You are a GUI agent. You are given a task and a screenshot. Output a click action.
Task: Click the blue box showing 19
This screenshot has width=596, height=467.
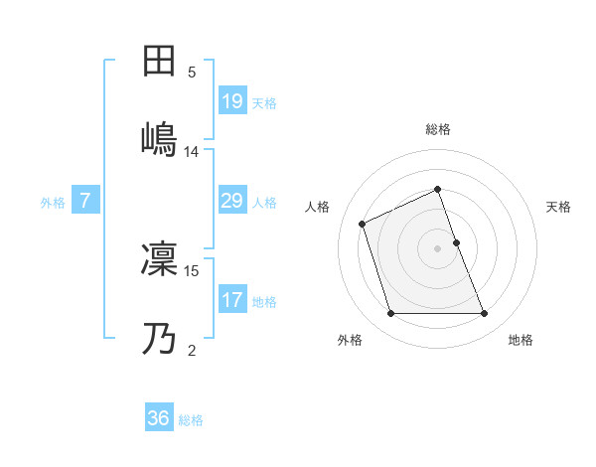point(231,101)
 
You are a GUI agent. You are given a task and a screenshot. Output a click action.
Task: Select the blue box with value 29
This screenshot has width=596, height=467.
point(231,202)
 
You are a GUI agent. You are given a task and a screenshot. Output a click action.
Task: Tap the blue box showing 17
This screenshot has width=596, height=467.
point(231,300)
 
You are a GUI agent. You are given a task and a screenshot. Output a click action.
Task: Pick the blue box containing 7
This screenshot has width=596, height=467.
point(85,201)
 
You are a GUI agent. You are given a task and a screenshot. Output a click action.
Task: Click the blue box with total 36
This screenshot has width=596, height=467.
point(159,418)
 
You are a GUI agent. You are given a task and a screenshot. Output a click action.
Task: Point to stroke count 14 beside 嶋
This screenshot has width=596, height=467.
point(192,152)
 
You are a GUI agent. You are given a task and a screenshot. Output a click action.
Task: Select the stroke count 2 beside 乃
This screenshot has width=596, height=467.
point(192,351)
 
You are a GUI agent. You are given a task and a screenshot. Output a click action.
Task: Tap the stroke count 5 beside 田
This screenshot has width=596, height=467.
point(192,73)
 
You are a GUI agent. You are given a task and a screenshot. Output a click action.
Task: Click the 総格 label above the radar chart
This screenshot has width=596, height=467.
point(438,129)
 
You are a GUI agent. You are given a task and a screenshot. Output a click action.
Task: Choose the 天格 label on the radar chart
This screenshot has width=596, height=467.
point(558,207)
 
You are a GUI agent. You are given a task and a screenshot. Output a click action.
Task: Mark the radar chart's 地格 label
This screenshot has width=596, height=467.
point(521,340)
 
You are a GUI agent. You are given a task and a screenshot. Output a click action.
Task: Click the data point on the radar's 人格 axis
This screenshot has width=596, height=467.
point(363,223)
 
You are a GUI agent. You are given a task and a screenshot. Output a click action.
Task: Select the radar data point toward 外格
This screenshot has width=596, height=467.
point(390,314)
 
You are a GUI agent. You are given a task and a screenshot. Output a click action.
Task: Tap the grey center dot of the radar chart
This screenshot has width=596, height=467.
point(438,248)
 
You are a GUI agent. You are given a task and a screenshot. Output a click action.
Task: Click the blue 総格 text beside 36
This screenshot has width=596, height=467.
point(191,420)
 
